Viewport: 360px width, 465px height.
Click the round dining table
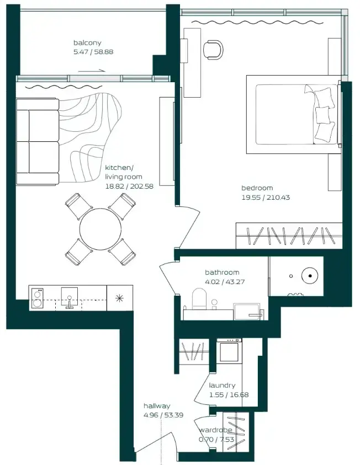[x=100, y=229]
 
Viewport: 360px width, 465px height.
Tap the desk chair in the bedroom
[x=213, y=49]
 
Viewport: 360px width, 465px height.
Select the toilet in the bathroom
[x=199, y=299]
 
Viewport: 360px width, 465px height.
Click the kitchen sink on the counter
[x=70, y=297]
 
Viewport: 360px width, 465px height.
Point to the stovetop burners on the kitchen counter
[x=38, y=298]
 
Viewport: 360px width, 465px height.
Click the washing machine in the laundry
[x=229, y=351]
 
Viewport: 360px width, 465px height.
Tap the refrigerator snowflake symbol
[x=119, y=298]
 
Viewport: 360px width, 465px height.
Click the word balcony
[x=87, y=42]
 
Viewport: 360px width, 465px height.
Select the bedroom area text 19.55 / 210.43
[x=266, y=197]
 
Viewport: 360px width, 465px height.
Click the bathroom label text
[x=222, y=272]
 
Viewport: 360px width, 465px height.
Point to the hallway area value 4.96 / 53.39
[x=163, y=415]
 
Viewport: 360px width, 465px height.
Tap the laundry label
[x=222, y=386]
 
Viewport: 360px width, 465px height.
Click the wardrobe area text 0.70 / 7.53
[x=216, y=440]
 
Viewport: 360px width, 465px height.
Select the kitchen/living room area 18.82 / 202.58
[x=129, y=186]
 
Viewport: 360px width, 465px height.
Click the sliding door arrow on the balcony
[x=92, y=71]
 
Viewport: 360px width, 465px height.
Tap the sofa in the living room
[x=38, y=142]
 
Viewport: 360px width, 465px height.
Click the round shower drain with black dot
[x=310, y=276]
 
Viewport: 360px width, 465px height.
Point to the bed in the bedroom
[x=294, y=115]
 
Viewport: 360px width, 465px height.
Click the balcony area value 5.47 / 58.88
[x=93, y=52]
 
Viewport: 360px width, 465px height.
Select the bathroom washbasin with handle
[x=247, y=312]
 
